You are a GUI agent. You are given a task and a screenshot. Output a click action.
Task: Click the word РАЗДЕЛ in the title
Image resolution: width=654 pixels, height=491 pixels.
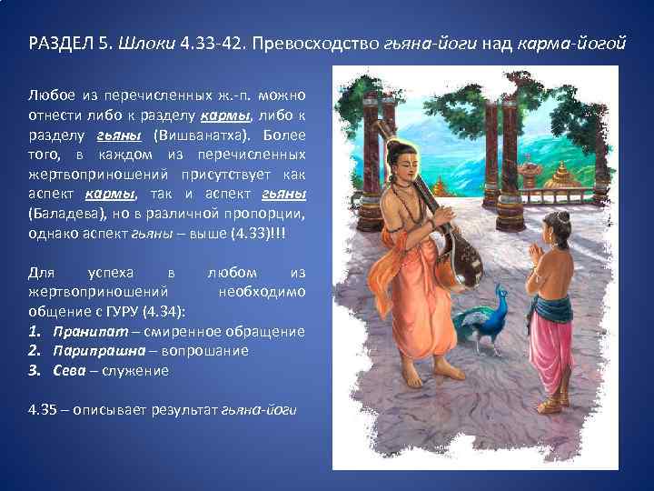point(59,45)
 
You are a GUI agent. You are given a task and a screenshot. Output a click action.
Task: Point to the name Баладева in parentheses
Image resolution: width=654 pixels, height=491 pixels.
point(62,214)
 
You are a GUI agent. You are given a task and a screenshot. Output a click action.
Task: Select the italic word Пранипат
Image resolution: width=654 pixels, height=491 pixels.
point(83,331)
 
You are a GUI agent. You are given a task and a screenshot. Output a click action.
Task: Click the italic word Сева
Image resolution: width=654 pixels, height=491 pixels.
point(69,370)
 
